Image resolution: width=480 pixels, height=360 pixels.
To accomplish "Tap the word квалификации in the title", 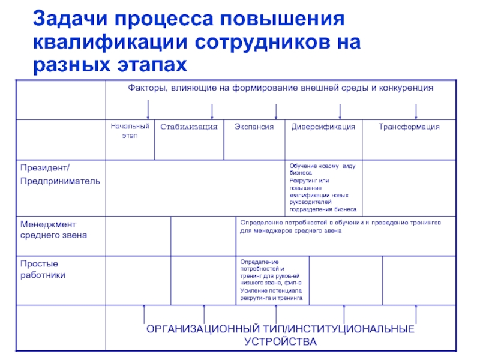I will pyautogui.click(x=109, y=42).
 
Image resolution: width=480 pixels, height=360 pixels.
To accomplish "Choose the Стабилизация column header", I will pyautogui.click(x=188, y=127).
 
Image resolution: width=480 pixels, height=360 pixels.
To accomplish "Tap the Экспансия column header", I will pyautogui.click(x=254, y=127).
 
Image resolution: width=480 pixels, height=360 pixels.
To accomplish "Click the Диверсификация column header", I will pyautogui.click(x=323, y=127).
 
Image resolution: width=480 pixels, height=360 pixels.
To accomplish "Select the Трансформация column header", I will pyautogui.click(x=409, y=127).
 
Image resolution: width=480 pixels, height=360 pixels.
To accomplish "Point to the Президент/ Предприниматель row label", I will pyautogui.click(x=60, y=174).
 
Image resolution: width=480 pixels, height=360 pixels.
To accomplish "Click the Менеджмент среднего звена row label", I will pyautogui.click(x=54, y=229).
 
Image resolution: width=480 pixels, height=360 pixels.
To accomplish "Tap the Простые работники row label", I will pyautogui.click(x=43, y=269).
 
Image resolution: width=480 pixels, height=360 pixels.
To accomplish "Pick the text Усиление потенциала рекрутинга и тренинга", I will pyautogui.click(x=271, y=294).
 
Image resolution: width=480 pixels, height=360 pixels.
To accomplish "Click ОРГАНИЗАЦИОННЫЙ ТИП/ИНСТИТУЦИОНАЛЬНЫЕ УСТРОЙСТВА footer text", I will pyautogui.click(x=280, y=336).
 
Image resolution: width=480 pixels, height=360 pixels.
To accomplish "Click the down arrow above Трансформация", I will pyautogui.click(x=416, y=110).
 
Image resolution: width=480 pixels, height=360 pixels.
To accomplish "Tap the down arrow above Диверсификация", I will pyautogui.click(x=340, y=110).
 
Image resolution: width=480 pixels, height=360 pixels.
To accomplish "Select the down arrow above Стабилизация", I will pyautogui.click(x=211, y=110).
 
